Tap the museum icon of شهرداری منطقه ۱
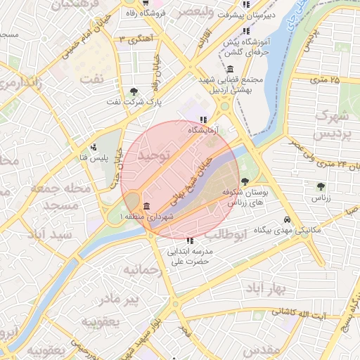click(x=146, y=206)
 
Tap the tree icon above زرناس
click(x=321, y=186)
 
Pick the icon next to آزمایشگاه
click(x=203, y=120)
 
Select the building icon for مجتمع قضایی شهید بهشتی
click(x=231, y=69)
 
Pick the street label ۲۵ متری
click(x=324, y=80)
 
